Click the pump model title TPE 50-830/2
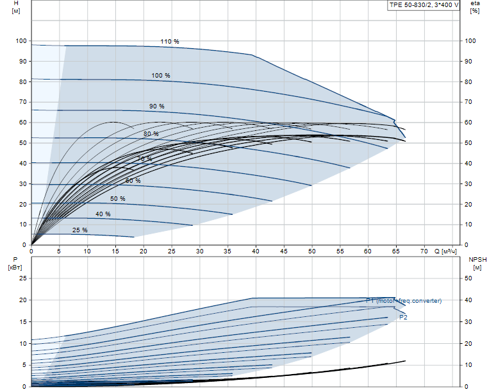coord(424,5)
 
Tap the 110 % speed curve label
coord(170,42)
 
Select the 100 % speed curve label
coord(161,76)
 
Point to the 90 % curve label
coord(157,106)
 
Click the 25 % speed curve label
coord(80,230)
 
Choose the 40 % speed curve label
coord(103,214)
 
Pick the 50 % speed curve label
coord(117,199)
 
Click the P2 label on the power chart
coord(403,317)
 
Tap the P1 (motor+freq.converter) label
coord(404,300)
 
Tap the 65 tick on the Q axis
coord(396,251)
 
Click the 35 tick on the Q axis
coord(227,251)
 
